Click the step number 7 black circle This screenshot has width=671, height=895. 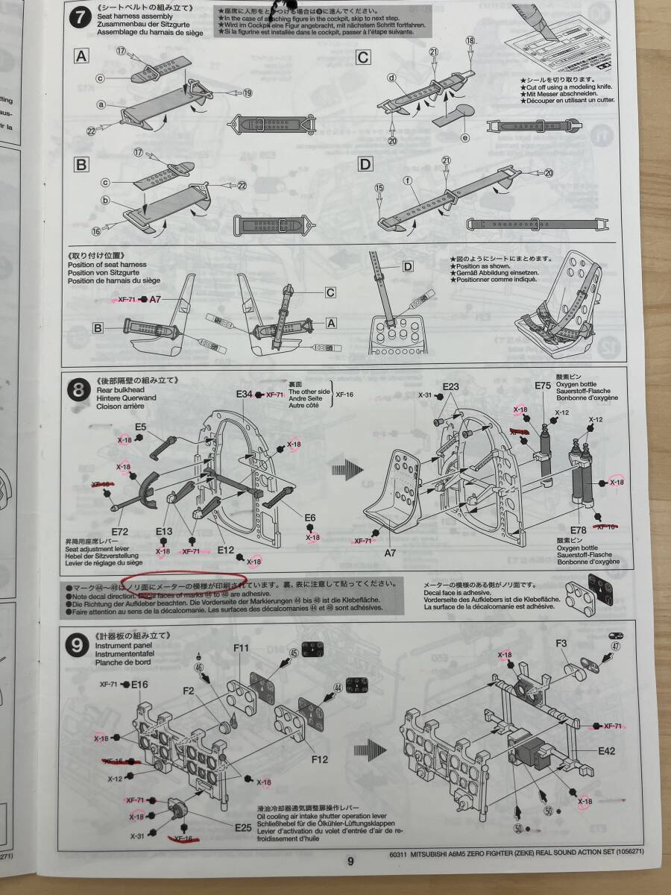tap(79, 18)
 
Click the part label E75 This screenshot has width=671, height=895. tap(543, 386)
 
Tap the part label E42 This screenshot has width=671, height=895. tap(606, 751)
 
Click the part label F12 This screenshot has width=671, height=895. tap(319, 759)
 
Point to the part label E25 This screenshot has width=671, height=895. tap(242, 827)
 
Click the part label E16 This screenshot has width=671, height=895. tap(140, 684)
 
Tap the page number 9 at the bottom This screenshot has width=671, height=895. tap(350, 861)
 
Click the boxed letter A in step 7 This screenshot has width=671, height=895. tap(82, 55)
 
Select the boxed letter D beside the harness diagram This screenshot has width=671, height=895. tap(407, 266)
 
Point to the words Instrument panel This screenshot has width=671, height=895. tap(122, 645)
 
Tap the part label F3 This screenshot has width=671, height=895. tap(561, 643)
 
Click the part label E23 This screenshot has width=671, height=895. tap(450, 386)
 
